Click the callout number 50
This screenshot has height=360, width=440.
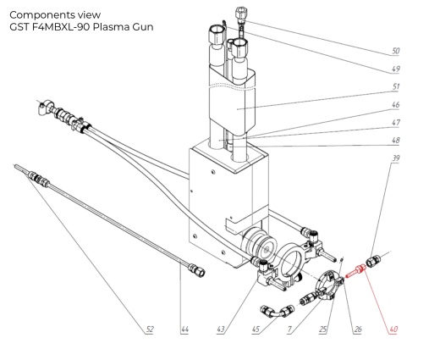(395, 52)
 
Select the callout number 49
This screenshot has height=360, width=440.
(395, 69)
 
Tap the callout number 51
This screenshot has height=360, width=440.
(395, 87)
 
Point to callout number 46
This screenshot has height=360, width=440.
(395, 106)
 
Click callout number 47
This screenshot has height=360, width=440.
(395, 124)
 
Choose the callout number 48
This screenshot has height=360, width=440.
(395, 141)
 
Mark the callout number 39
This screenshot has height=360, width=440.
(395, 159)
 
